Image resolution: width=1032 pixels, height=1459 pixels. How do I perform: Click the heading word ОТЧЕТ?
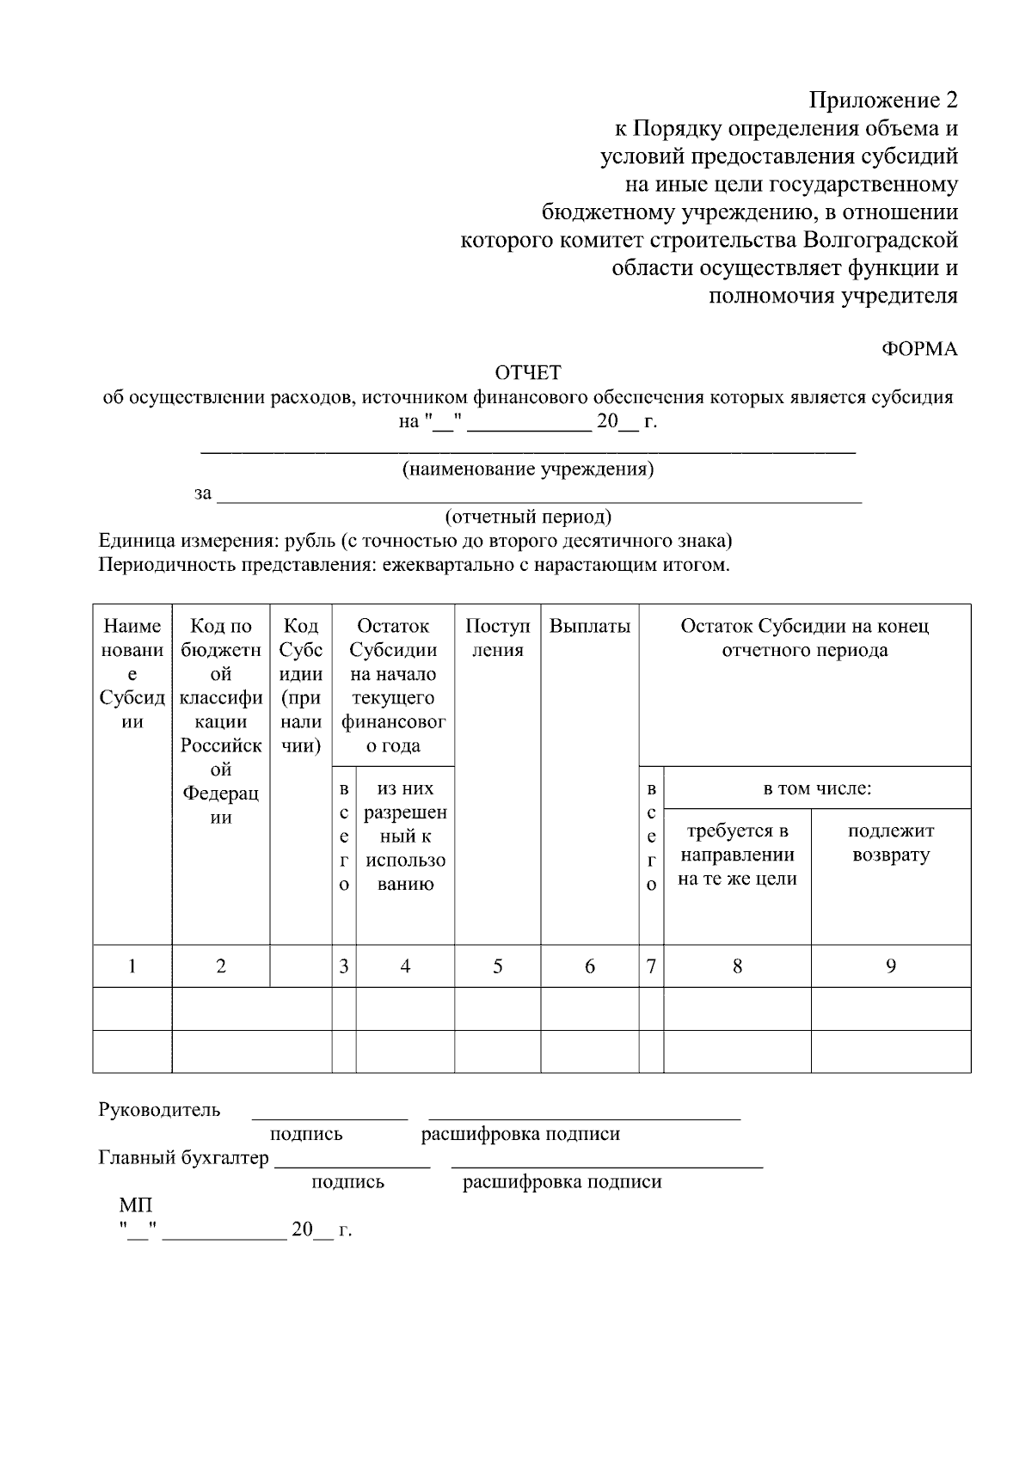(x=527, y=372)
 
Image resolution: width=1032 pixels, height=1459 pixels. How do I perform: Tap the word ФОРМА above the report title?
(x=919, y=349)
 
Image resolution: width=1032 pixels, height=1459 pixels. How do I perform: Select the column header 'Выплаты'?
(x=589, y=627)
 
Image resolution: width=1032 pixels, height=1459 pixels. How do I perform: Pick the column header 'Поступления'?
(x=498, y=638)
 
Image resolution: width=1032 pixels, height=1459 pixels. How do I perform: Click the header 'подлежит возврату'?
(x=890, y=843)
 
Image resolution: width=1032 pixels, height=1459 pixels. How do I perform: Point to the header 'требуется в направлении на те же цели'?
(x=737, y=855)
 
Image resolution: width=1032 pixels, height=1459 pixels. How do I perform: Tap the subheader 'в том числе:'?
(x=817, y=788)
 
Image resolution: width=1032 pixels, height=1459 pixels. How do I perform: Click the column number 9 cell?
(x=891, y=966)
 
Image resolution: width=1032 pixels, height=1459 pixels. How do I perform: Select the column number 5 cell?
(x=498, y=966)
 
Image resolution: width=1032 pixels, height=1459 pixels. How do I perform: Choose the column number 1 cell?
(x=132, y=966)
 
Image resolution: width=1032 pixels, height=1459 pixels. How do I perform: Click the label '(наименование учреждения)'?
(x=528, y=469)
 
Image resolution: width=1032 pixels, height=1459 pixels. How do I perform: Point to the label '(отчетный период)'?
(x=528, y=517)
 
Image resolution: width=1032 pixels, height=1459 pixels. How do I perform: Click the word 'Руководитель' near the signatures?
(x=159, y=1110)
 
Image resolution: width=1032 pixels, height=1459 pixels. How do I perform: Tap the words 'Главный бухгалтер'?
(x=184, y=1158)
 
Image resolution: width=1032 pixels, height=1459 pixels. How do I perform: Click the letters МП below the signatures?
(x=135, y=1206)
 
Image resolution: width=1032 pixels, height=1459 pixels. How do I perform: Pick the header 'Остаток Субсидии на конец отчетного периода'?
(x=804, y=638)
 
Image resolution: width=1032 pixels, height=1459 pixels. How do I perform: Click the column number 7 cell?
(x=651, y=966)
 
